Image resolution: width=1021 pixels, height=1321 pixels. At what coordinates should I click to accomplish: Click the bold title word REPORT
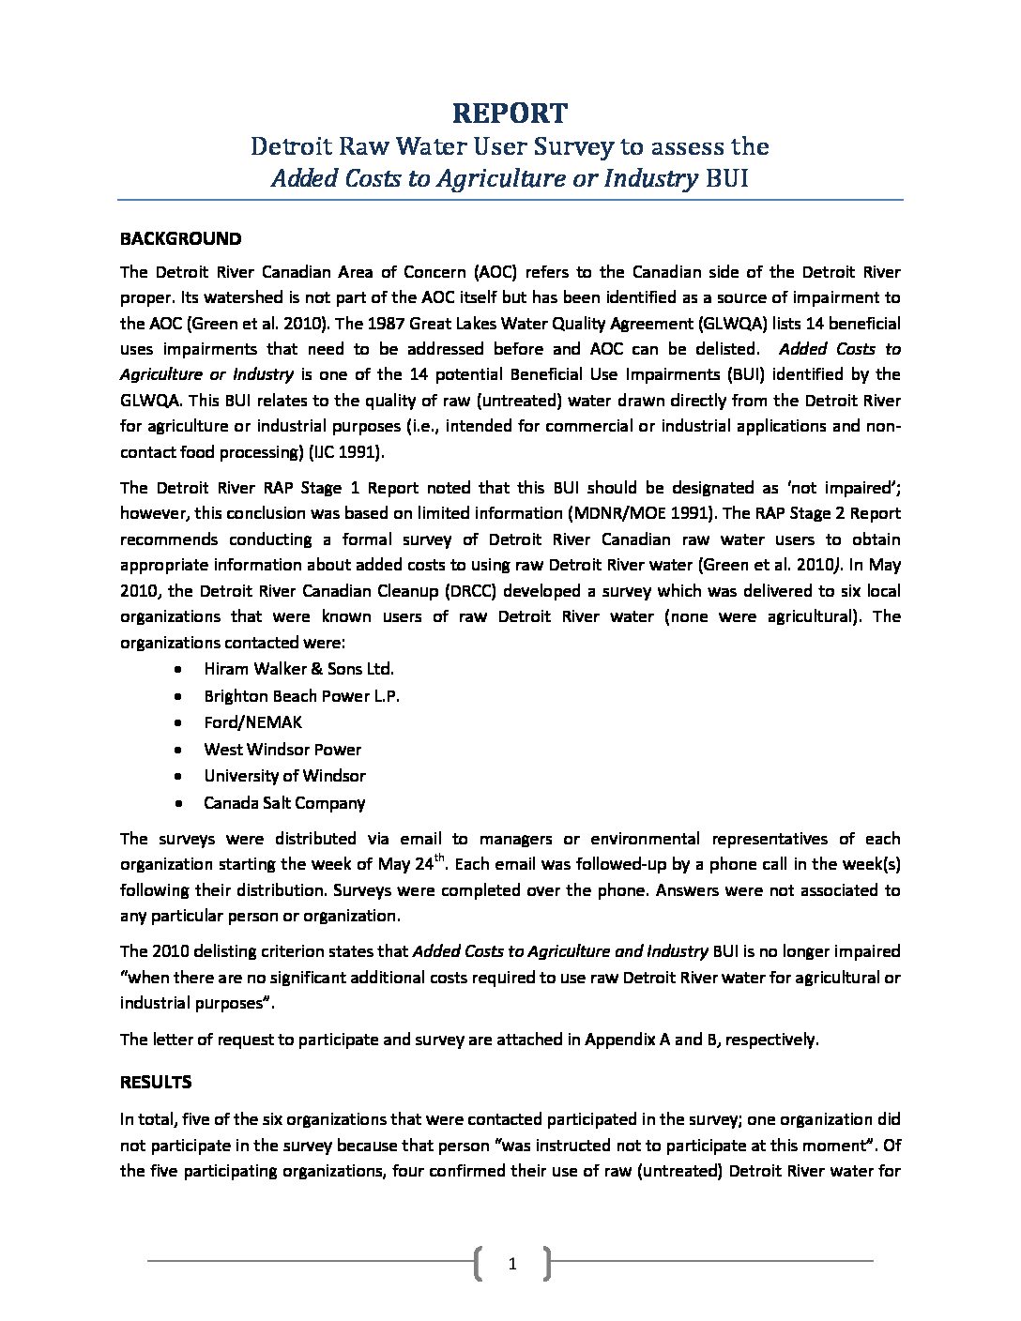(x=510, y=114)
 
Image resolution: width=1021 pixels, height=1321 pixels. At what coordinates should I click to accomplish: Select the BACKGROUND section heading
(x=180, y=238)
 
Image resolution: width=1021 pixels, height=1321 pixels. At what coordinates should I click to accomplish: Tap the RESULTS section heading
(x=156, y=1082)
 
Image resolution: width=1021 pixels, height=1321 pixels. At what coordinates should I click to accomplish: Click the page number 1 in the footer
(x=512, y=1264)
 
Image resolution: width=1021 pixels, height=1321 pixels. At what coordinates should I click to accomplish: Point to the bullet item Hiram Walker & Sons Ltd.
(x=298, y=669)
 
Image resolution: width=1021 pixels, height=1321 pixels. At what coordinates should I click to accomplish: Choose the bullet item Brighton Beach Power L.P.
(x=302, y=696)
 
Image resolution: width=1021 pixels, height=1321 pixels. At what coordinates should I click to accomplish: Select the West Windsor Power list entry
(x=282, y=750)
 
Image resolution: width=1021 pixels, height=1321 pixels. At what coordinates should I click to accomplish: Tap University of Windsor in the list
(x=284, y=776)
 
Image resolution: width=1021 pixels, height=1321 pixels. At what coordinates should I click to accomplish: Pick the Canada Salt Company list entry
(x=284, y=803)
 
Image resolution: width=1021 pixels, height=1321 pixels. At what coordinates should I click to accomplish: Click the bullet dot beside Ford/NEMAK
(x=178, y=723)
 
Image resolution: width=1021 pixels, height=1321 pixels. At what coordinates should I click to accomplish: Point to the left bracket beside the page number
(x=480, y=1264)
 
